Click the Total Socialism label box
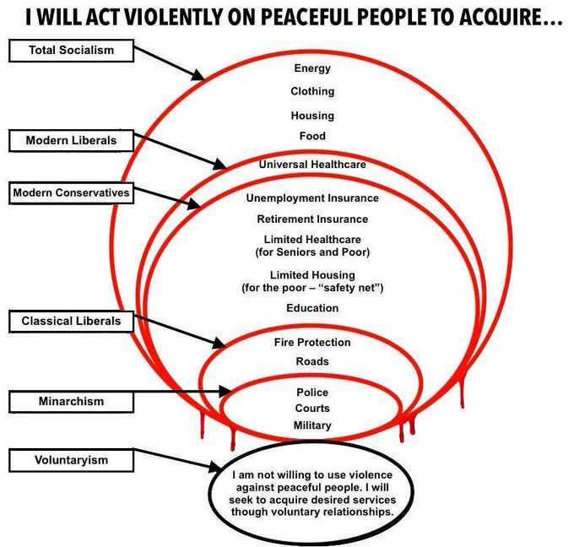point(71,51)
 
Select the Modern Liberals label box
point(71,139)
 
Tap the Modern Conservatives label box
point(71,193)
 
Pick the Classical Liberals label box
point(71,321)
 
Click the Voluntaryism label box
point(71,460)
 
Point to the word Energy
point(312,68)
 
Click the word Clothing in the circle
point(312,91)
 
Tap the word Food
point(312,136)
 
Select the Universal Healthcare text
point(312,165)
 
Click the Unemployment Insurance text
point(312,198)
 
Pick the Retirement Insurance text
point(312,219)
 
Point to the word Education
point(312,308)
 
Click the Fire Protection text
point(312,343)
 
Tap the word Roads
point(312,361)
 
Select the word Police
point(312,393)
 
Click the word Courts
point(312,409)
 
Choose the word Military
point(312,425)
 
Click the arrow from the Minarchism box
point(181,392)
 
